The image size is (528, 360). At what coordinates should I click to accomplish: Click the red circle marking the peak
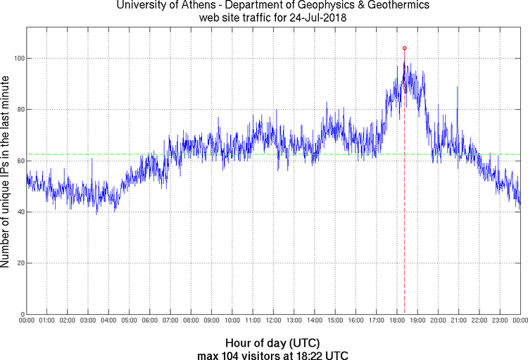(x=404, y=48)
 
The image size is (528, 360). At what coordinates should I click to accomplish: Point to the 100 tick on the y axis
(x=18, y=58)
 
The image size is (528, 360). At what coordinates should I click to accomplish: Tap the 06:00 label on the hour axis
(x=150, y=321)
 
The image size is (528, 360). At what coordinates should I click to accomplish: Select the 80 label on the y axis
(x=19, y=109)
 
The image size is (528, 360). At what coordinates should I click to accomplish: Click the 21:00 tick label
(x=458, y=321)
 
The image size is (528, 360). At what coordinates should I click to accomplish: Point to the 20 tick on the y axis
(x=19, y=263)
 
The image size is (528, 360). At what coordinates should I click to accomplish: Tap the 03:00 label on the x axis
(x=88, y=321)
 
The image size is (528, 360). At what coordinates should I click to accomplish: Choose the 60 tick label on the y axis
(x=19, y=161)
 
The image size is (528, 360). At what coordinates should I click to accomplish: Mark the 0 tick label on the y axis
(x=21, y=314)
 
